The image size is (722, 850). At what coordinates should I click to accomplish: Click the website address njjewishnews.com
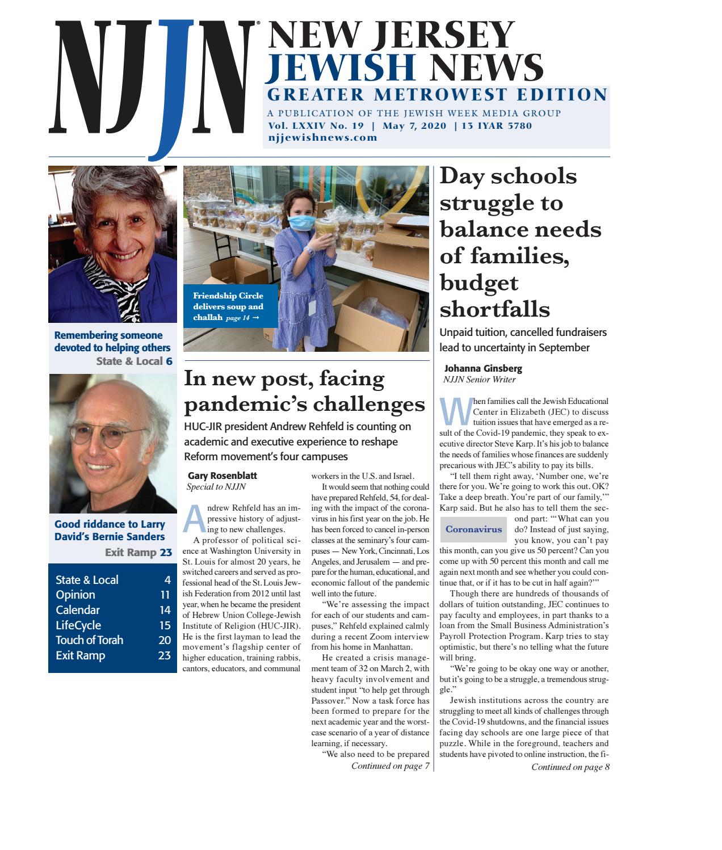322,137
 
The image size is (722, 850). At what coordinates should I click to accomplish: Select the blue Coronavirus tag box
474,529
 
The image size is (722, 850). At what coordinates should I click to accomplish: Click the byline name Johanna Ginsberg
483,368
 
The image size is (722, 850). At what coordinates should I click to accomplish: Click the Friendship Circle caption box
229,306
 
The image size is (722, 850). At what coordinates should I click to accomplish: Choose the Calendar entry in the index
78,610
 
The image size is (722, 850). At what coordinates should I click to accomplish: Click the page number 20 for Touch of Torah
164,640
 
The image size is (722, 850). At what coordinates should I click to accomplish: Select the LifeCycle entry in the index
78,625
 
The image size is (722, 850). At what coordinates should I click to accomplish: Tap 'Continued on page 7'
390,766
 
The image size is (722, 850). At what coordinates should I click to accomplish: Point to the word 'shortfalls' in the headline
495,310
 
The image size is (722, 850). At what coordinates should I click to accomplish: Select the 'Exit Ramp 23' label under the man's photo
138,552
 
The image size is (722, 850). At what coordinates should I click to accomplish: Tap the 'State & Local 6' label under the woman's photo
134,361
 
